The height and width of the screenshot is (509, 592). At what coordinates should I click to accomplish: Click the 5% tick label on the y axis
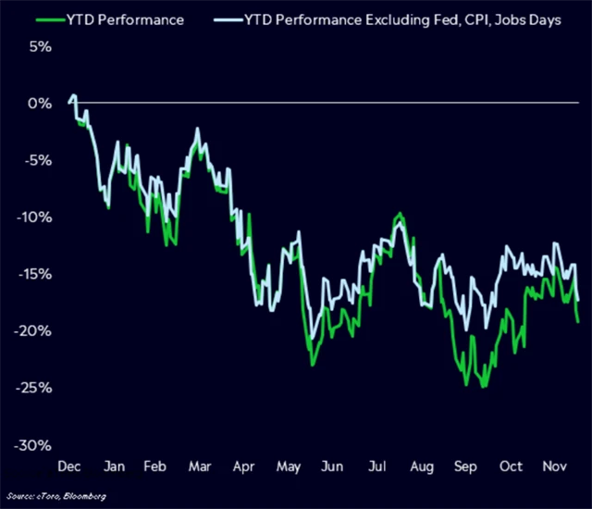click(39, 46)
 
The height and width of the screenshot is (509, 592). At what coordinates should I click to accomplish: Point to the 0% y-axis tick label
click(39, 103)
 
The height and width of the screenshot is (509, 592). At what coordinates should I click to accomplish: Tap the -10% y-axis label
click(35, 217)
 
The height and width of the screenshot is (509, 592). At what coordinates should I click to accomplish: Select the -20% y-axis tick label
click(35, 331)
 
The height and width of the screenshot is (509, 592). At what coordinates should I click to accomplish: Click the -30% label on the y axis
click(35, 445)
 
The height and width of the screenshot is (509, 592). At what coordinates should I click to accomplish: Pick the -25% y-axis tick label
click(35, 388)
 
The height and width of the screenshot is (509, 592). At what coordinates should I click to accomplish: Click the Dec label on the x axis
click(70, 466)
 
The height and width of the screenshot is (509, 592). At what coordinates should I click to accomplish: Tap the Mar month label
click(201, 466)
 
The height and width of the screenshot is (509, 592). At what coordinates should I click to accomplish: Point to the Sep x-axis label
click(464, 466)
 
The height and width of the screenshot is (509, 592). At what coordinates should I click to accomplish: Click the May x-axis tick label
click(289, 466)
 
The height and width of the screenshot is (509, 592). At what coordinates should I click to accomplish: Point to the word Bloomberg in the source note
click(84, 497)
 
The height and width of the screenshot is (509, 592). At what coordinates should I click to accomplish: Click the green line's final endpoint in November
click(578, 322)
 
